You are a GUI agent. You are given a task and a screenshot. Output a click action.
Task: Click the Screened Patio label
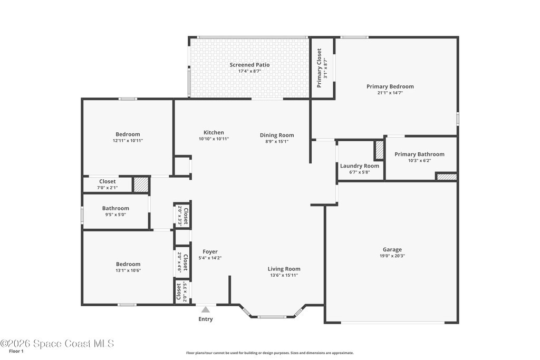tap(249, 65)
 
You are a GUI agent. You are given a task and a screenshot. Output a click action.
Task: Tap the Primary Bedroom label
tap(390, 86)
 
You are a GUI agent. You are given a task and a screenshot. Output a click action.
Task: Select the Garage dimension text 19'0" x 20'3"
tap(392, 256)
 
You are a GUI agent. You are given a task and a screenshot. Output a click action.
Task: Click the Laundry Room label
tap(360, 166)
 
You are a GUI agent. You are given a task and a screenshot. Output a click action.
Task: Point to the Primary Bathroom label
tap(419, 154)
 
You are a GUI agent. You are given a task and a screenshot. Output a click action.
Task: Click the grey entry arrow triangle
tap(206, 309)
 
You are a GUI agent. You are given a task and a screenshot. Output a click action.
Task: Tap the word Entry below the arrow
tap(206, 319)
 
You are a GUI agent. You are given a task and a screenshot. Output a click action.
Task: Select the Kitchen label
tap(214, 132)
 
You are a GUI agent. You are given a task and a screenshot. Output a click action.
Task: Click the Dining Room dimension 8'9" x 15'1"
tap(277, 141)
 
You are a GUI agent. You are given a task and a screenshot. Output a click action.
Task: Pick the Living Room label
tap(284, 269)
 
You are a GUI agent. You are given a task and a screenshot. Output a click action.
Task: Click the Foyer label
tap(210, 251)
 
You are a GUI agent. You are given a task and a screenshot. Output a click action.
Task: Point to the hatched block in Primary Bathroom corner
tap(447, 177)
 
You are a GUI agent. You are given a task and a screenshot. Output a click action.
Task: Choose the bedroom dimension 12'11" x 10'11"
tap(128, 140)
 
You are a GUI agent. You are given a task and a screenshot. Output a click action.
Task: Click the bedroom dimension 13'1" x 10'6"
tap(128, 270)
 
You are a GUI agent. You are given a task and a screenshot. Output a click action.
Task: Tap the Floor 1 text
tap(16, 352)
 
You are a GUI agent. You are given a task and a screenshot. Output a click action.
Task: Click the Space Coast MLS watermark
tap(57, 344)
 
